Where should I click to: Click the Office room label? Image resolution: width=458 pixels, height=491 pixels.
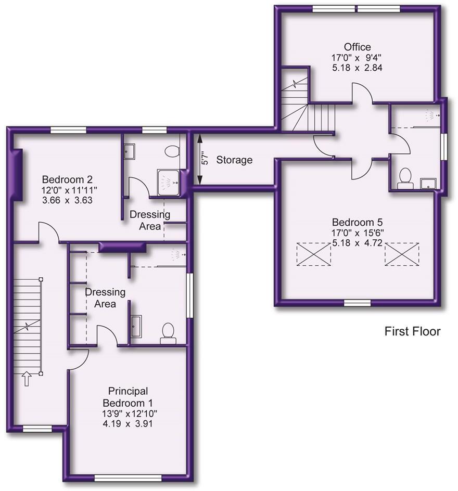[x=357, y=47]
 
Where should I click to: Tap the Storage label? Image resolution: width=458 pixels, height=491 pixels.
[x=234, y=160]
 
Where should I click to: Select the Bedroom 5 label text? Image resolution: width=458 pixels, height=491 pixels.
[x=357, y=222]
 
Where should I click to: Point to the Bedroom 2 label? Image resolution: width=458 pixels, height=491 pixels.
[x=67, y=179]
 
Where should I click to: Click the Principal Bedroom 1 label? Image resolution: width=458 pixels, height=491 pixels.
[x=128, y=397]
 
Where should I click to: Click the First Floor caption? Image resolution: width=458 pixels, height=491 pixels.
[x=412, y=331]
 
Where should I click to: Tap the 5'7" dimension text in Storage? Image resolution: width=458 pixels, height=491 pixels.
[x=205, y=158]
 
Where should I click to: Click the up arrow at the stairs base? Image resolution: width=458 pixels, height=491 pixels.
[x=27, y=379]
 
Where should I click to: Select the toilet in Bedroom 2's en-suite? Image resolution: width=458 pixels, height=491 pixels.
[x=172, y=151]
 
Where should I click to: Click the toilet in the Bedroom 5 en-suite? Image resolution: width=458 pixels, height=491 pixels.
[x=405, y=178]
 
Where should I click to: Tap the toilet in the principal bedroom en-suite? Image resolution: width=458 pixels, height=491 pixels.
[x=168, y=333]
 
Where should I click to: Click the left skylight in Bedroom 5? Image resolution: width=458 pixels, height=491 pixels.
[x=314, y=254]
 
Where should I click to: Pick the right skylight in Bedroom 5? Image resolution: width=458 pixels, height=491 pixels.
[x=402, y=254]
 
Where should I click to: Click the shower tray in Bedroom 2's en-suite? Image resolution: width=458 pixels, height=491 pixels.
[x=169, y=183]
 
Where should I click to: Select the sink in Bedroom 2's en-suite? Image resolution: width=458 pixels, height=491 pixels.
[x=129, y=151]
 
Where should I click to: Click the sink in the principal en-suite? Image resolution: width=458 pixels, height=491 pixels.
[x=136, y=326]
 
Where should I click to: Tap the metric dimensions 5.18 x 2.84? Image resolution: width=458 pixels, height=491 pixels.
[x=357, y=68]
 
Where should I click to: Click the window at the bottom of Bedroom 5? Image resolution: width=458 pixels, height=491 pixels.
[x=357, y=303]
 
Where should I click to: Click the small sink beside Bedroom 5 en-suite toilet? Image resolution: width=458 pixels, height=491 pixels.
[x=428, y=184]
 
